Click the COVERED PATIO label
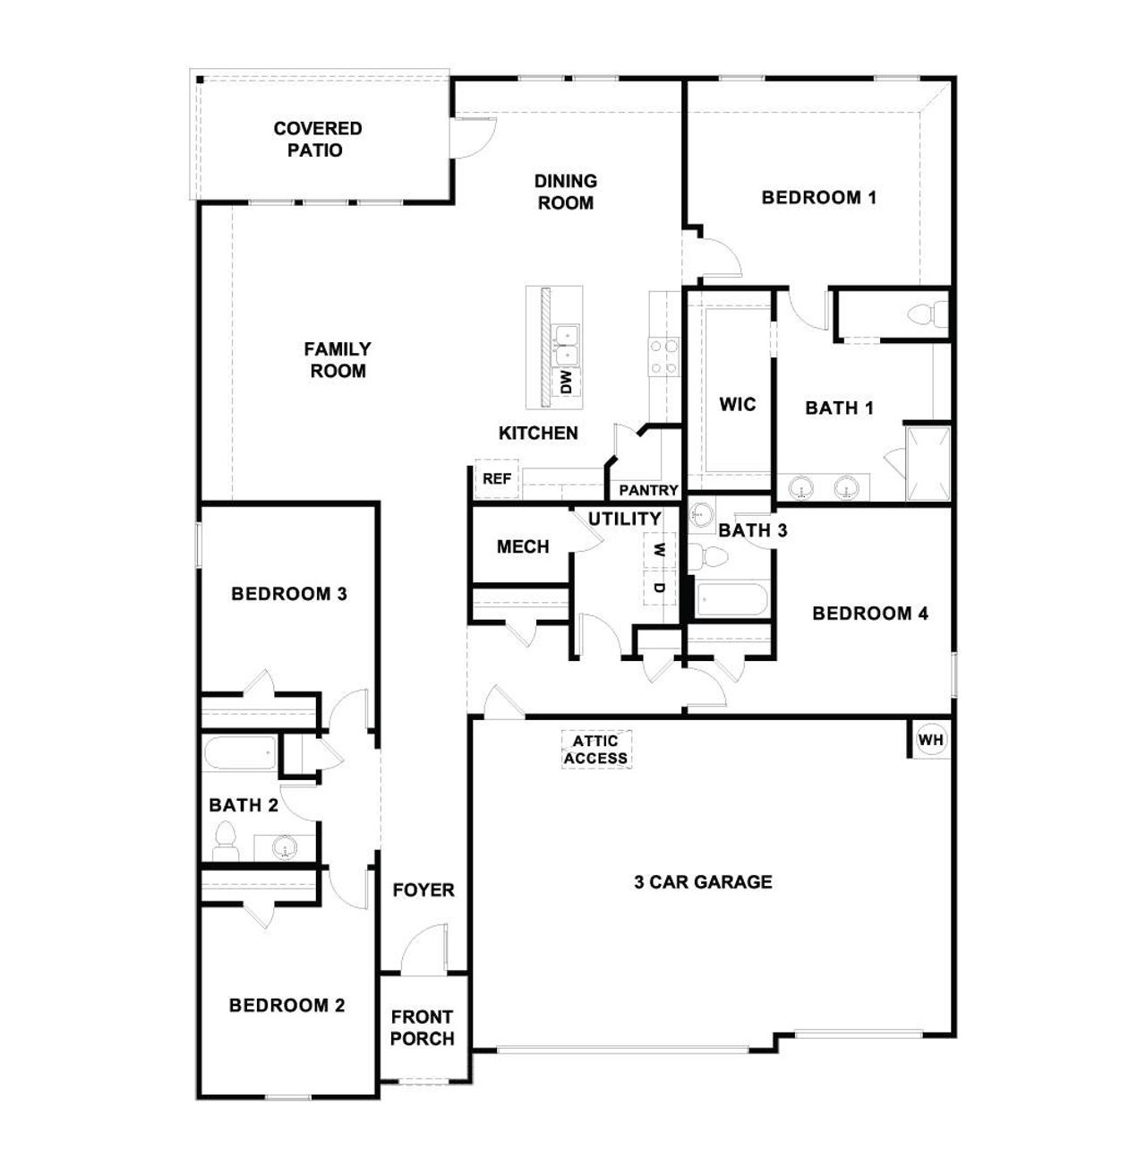pos(317,139)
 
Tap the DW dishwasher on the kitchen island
pos(567,382)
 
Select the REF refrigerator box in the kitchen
pos(496,478)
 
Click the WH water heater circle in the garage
pos(931,740)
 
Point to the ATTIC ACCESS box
pos(595,750)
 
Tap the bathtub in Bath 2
pos(241,753)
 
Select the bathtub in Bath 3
pos(731,599)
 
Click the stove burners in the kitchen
pos(663,356)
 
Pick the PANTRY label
pos(648,490)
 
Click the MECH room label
pos(523,546)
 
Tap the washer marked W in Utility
pos(660,549)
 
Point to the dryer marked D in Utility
pos(660,588)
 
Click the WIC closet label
pos(737,404)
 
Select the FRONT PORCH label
pos(423,1027)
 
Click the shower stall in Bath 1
pos(928,462)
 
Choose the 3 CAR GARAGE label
pos(703,881)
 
